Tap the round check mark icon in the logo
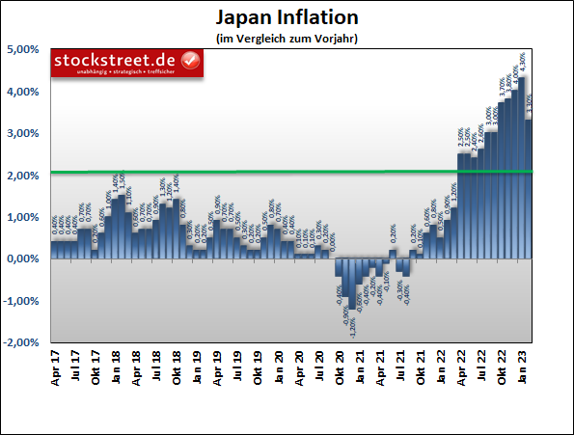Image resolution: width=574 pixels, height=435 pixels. pos(191,62)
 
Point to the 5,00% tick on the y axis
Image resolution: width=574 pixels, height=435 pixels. pos(22,49)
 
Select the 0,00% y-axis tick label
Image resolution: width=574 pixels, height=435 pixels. pos(22,258)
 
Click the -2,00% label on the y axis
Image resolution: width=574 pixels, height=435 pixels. pos(20,342)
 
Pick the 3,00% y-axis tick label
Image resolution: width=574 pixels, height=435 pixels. pos(22,133)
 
